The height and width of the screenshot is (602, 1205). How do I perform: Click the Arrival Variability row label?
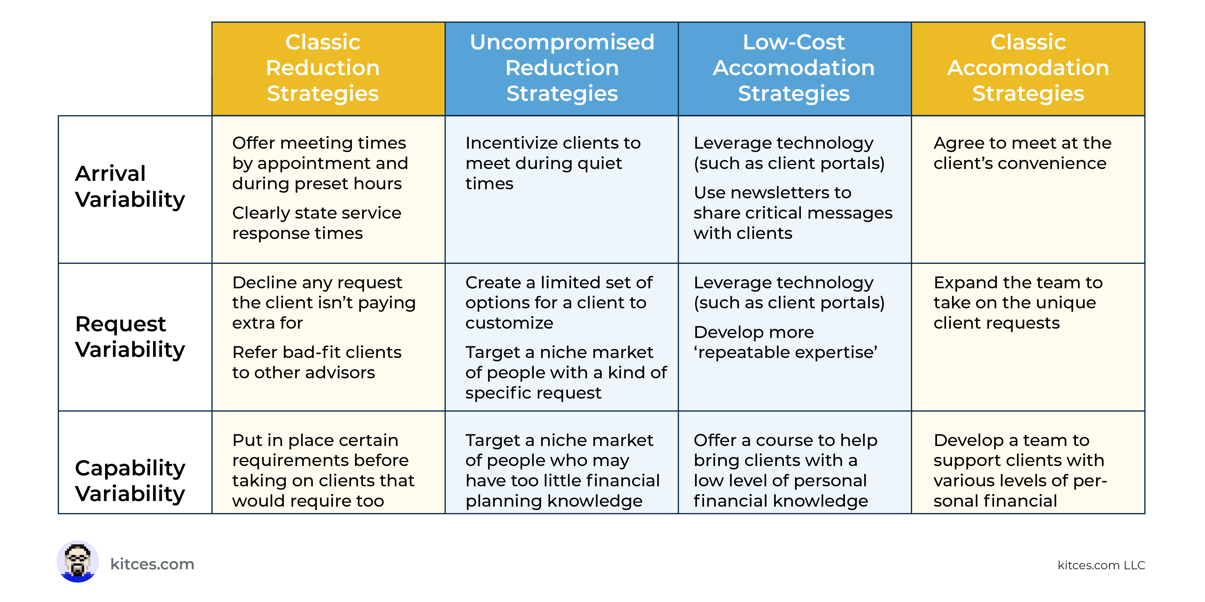point(130,186)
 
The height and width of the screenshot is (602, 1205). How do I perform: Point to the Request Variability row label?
point(130,337)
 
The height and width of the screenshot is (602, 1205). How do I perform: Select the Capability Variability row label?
point(130,480)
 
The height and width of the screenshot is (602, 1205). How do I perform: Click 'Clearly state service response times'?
point(317,223)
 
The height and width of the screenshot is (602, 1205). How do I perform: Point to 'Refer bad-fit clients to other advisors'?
point(317,362)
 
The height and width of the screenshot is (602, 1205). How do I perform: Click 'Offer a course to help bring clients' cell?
point(785,470)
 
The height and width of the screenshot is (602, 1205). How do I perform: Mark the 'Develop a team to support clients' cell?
point(1020,470)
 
